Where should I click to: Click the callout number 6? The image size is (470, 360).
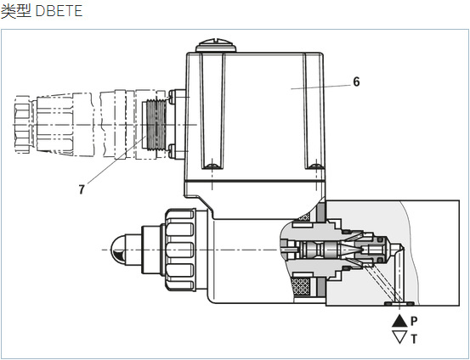tap(356, 82)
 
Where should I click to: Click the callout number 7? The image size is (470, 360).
tap(82, 189)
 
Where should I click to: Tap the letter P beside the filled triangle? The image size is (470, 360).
tap(414, 321)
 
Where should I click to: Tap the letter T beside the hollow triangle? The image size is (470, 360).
tap(414, 339)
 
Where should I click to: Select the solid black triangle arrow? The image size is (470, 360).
tap(399, 321)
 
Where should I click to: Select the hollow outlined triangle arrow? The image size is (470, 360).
tap(399, 337)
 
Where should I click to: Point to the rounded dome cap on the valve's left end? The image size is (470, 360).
tap(119, 250)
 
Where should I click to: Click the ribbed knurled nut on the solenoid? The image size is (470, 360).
tap(180, 250)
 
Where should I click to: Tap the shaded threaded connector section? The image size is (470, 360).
tap(156, 124)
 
